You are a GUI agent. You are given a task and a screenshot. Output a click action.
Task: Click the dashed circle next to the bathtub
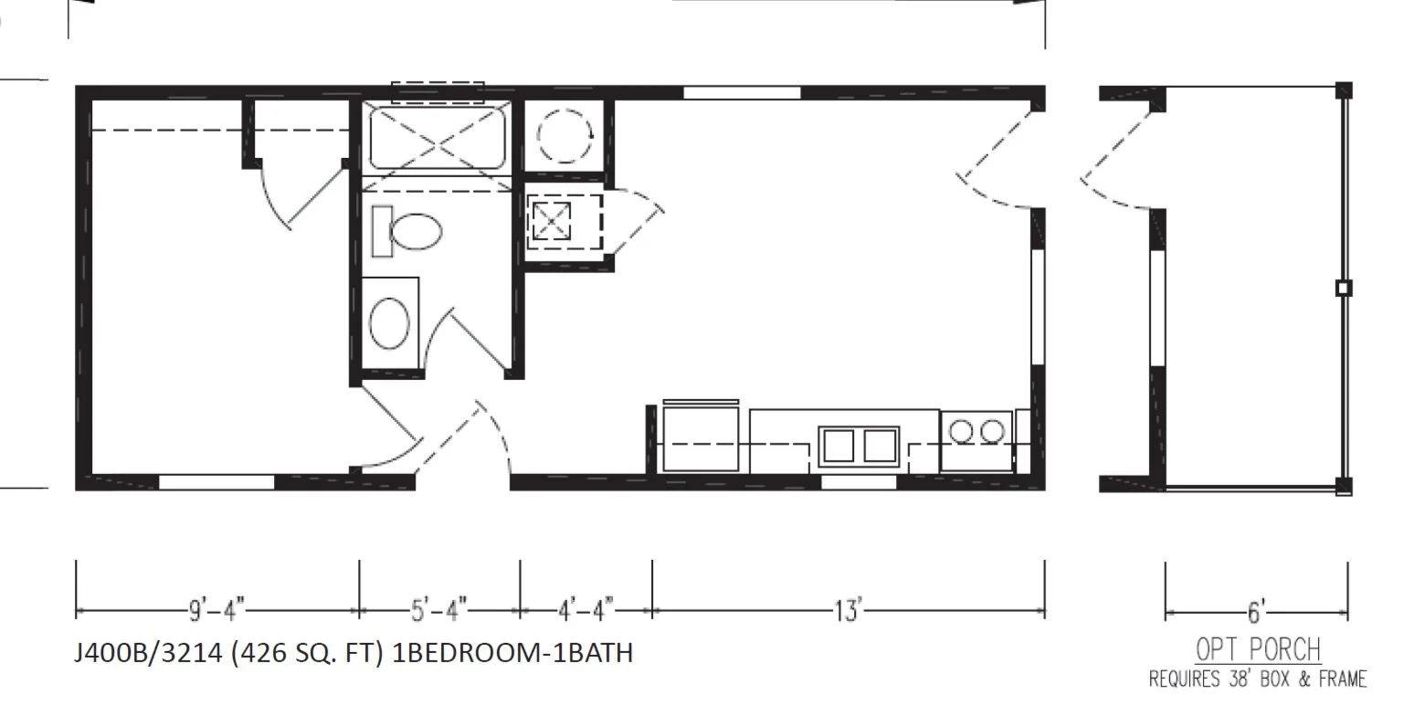tap(564, 138)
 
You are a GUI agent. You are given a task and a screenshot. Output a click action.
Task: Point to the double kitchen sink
tap(859, 445)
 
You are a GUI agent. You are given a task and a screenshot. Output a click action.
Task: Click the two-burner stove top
tap(975, 430)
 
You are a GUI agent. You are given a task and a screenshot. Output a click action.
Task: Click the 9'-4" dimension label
tap(216, 609)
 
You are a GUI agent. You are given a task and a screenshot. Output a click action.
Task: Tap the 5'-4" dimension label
tap(439, 609)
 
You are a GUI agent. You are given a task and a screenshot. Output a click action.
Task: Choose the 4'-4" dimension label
tap(585, 609)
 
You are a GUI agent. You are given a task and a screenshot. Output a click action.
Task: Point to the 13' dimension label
tap(848, 609)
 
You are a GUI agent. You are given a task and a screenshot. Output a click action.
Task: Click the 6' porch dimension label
tap(1256, 611)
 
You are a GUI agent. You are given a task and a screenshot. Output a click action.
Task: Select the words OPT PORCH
tap(1258, 650)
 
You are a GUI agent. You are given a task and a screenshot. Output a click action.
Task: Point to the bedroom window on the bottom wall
tap(216, 482)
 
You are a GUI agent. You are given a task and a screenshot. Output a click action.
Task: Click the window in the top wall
tap(742, 91)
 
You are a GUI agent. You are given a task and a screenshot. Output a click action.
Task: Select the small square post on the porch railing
tap(1342, 289)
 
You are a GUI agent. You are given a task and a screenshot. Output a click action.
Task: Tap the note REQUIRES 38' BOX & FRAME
tap(1258, 679)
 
